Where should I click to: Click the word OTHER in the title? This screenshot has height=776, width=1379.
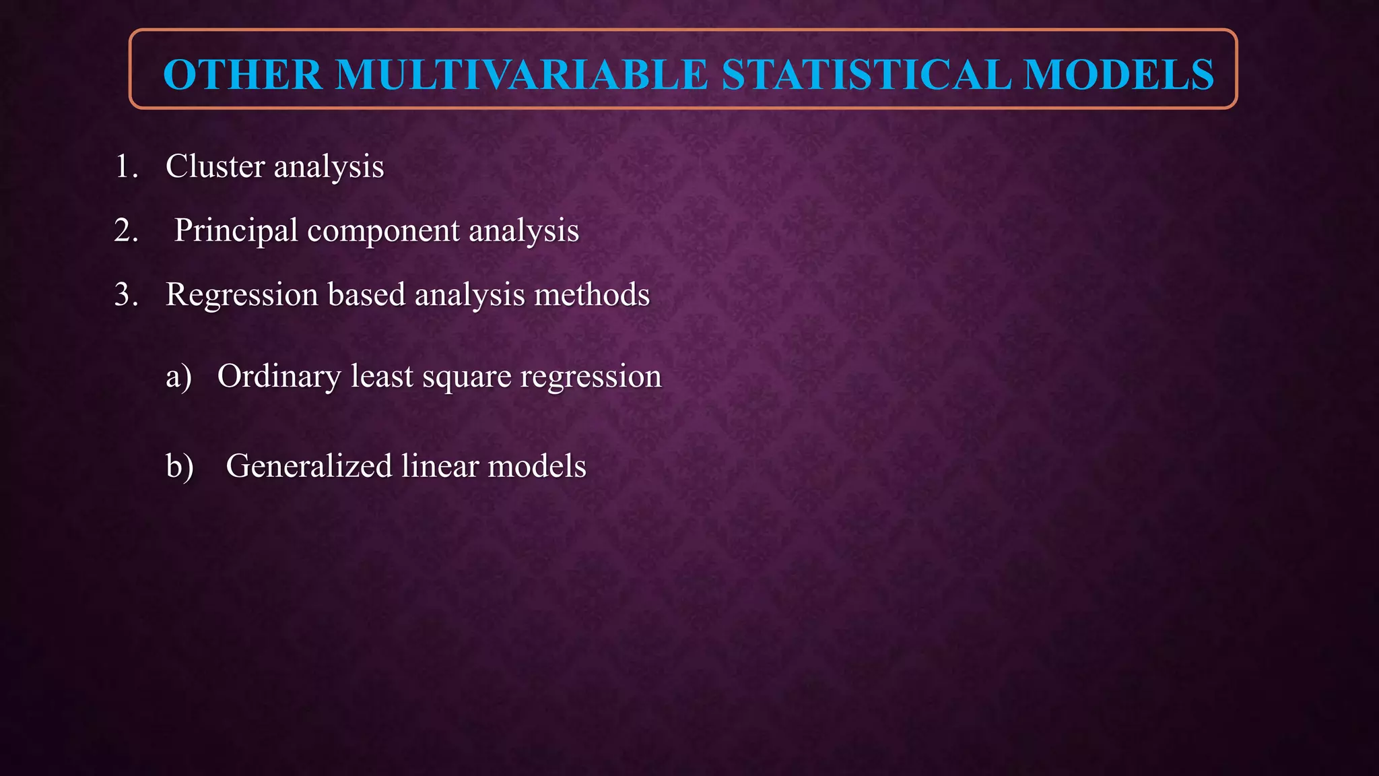242,74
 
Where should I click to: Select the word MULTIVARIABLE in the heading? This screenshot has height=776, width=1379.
522,74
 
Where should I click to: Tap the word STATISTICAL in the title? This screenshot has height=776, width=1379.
866,74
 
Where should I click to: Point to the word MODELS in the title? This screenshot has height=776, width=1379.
1118,74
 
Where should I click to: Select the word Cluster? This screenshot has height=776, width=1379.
215,166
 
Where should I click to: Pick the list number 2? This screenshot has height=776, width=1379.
126,230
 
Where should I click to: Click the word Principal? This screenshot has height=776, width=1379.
236,231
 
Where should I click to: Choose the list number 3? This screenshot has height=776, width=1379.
126,294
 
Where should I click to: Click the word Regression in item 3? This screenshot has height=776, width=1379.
242,295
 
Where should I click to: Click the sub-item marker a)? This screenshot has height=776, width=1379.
178,376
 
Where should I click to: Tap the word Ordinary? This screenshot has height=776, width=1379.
279,377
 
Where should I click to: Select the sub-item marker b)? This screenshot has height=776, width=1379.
179,466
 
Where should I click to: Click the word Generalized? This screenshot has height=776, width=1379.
308,466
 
